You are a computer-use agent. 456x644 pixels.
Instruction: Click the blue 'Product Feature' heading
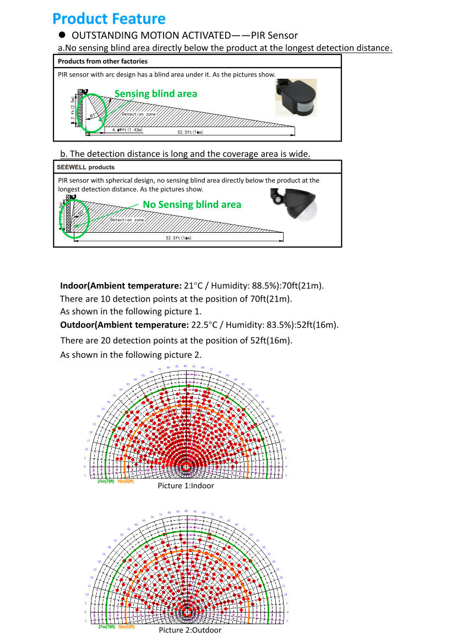(108, 19)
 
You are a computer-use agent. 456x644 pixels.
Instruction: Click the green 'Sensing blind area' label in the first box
(155, 94)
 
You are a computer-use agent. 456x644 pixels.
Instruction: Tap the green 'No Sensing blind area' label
(192, 205)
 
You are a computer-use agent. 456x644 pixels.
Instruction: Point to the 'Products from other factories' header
(102, 61)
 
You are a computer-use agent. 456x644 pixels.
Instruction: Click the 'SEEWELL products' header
(86, 167)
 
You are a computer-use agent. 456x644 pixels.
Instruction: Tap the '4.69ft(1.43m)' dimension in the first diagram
(127, 130)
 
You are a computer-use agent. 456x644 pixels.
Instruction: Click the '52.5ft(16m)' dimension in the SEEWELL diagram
(178, 238)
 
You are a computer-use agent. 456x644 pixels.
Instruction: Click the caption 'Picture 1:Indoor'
(186, 486)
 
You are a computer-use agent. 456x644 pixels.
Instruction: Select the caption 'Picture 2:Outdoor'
(190, 630)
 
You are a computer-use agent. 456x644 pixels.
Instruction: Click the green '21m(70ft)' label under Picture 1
(106, 482)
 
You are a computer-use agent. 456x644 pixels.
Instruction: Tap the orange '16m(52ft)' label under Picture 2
(126, 627)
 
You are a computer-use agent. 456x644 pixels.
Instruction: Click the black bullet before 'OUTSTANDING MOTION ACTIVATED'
(62, 35)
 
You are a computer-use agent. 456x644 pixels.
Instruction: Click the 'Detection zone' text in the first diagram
(138, 114)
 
